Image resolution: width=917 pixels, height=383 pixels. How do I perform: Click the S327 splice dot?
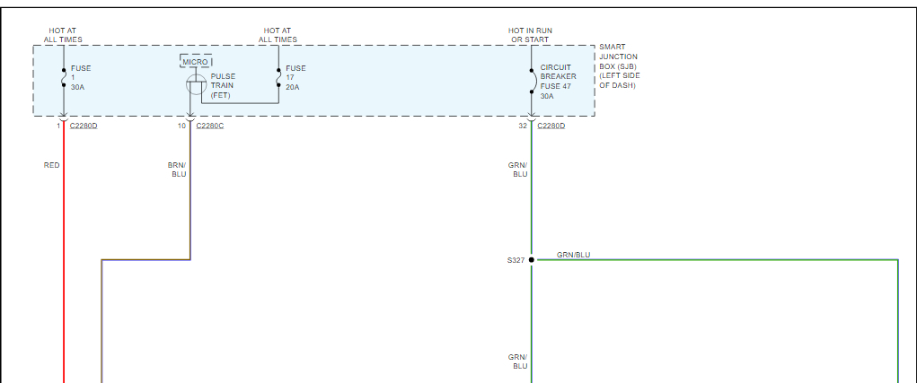[x=531, y=260]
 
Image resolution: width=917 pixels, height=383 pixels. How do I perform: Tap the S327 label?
[x=515, y=260]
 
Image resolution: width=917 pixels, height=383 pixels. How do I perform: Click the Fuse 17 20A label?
[x=295, y=78]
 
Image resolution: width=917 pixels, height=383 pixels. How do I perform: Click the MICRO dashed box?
[x=196, y=61]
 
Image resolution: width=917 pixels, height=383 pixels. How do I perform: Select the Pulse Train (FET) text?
[x=223, y=86]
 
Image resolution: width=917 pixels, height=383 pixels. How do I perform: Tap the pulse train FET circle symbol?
[x=197, y=85]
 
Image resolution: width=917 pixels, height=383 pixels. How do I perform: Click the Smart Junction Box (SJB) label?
[x=619, y=65]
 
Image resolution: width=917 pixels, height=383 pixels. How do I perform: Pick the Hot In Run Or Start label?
[x=530, y=35]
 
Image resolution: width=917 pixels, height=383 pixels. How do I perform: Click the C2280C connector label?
[x=210, y=126]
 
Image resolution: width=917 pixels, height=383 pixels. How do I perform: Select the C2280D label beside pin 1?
[x=84, y=126]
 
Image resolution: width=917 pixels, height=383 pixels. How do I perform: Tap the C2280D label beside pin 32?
[x=551, y=126]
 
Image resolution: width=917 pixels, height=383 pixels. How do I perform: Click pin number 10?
[x=181, y=126]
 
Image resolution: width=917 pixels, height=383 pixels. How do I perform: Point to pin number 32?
[x=523, y=126]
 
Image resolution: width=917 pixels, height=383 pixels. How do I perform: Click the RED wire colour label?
[x=52, y=165]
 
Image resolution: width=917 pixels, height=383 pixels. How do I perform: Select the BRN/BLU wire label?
[x=177, y=170]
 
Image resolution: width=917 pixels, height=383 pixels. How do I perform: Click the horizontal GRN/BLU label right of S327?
[x=573, y=255]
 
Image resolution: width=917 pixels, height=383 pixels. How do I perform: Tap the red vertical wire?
[x=64, y=269]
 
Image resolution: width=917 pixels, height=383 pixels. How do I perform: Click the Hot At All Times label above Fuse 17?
[x=278, y=35]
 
